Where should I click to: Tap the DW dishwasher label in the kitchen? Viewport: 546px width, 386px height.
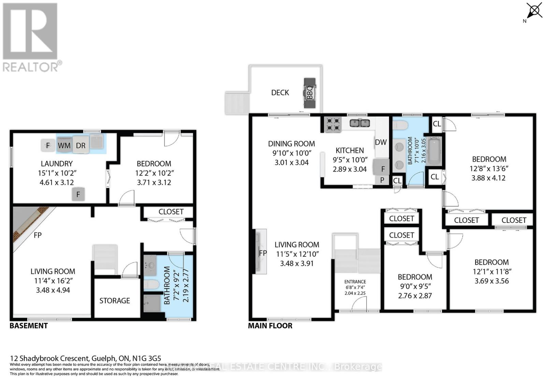(380, 142)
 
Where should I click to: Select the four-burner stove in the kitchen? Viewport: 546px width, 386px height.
(332, 124)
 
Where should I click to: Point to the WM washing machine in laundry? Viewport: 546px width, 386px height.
(64, 146)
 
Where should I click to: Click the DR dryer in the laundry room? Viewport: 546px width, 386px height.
(81, 146)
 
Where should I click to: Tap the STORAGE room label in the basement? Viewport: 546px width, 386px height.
(115, 301)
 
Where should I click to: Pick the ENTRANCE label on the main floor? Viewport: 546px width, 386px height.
(355, 282)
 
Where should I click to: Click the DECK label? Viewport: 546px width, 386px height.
(280, 93)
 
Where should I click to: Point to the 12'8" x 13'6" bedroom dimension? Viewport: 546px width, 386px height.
(489, 168)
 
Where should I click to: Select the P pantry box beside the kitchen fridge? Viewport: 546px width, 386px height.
(382, 180)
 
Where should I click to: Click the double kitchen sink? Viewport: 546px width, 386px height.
(360, 123)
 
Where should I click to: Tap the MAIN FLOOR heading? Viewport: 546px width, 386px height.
(270, 326)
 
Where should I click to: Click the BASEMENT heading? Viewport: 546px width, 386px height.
(29, 326)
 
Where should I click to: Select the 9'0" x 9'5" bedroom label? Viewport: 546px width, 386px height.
(415, 286)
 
